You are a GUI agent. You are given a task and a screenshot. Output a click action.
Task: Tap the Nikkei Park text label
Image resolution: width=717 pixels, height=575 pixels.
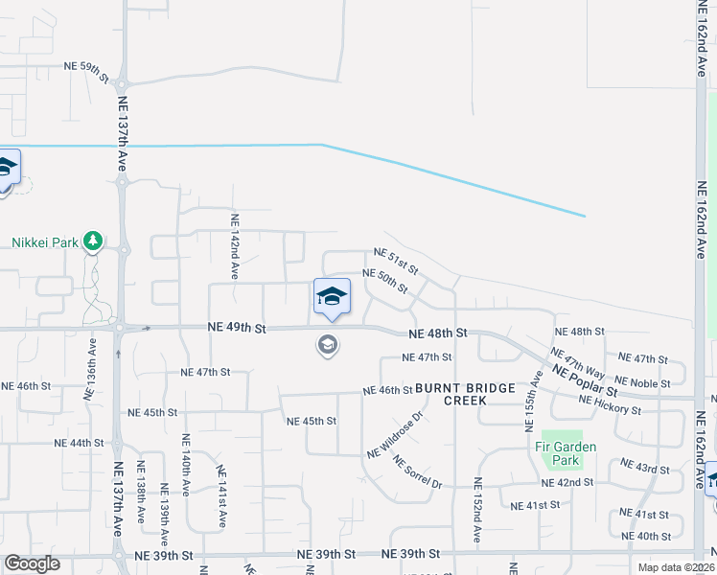coord(44,242)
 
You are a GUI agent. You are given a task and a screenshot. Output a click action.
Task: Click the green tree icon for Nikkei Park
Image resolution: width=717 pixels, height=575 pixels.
coord(93,241)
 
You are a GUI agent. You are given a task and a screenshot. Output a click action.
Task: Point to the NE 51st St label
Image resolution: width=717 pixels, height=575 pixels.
coord(397,260)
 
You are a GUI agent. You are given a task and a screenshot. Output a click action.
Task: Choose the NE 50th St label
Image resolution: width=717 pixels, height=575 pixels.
coord(385,281)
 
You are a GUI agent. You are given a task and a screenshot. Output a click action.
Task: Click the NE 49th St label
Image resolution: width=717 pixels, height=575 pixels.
coord(236,328)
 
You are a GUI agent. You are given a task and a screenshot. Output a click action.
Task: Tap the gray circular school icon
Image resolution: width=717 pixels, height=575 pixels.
coord(328,345)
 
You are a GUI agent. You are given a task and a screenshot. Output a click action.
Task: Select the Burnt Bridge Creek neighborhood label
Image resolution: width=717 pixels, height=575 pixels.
coord(479,395)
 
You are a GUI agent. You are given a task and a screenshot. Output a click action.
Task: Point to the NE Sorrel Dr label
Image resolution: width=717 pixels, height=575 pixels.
coord(417,471)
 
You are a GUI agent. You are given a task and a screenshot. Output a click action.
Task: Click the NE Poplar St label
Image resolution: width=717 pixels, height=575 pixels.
coord(584,380)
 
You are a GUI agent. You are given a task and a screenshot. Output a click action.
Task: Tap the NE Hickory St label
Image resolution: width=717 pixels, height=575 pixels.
coord(610,403)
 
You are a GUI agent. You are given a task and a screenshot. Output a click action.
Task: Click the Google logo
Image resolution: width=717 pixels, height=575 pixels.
coord(33,564)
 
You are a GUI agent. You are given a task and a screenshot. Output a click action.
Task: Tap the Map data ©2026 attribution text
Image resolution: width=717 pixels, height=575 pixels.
coord(676,567)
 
